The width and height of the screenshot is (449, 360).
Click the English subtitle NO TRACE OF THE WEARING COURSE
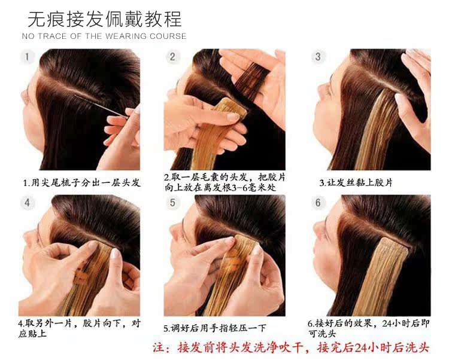coord(104,36)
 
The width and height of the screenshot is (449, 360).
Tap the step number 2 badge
coord(172,57)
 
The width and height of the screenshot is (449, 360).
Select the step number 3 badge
coord(318,57)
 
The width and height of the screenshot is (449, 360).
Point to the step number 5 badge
coord(172,203)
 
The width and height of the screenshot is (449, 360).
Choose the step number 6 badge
coord(318,203)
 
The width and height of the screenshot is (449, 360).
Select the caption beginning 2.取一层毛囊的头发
coord(224,182)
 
